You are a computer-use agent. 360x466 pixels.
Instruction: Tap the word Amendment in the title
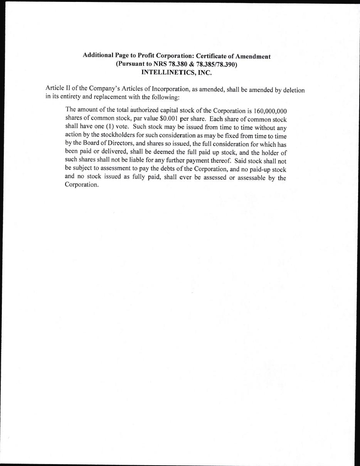(x=253, y=56)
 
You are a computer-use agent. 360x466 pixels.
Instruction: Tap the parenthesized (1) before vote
(x=109, y=126)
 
